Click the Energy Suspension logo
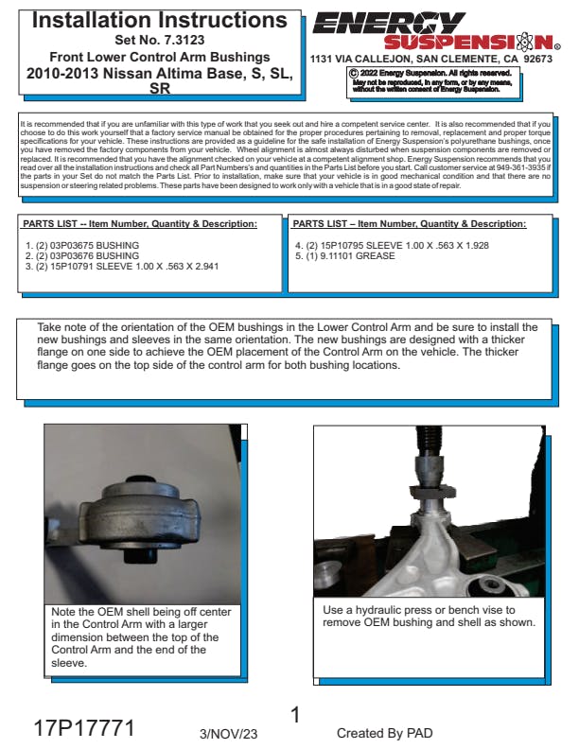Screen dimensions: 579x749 (436, 30)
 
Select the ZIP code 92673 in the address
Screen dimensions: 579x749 (537, 60)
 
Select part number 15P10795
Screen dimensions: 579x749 (342, 246)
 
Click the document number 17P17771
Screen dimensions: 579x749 (84, 728)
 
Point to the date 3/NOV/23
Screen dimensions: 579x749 (228, 734)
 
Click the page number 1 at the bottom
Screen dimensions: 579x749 (296, 715)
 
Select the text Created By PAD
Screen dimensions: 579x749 (384, 733)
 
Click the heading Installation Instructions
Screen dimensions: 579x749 (160, 21)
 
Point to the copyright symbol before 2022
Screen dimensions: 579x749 (354, 74)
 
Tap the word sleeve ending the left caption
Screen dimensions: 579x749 (69, 663)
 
